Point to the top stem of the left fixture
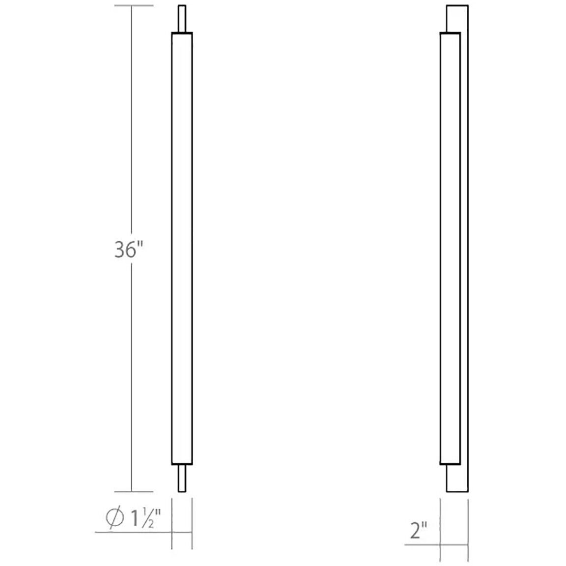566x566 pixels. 182,19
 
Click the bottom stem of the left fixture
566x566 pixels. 182,478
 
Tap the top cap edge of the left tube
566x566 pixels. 182,33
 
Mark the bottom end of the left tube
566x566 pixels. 182,464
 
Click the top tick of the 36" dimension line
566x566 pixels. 132,5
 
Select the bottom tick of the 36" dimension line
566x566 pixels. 132,491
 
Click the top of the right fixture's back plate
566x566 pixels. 457,6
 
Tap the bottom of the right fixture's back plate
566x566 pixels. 457,491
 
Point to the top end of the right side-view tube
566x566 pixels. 450,33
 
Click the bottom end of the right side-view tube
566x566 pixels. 450,464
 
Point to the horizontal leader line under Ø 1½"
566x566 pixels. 133,532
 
